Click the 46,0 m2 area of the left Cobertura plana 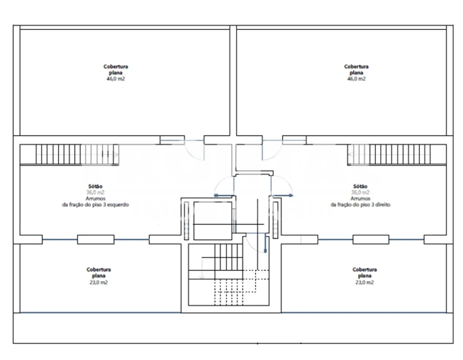pos(116,79)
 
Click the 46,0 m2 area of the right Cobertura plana pos(356,79)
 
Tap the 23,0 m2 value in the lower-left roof pos(98,282)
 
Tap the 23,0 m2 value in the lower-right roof pos(364,282)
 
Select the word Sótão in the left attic pos(95,186)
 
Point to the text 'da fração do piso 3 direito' pos(360,204)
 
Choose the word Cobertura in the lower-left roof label pos(98,269)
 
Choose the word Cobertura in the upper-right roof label pos(356,66)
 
